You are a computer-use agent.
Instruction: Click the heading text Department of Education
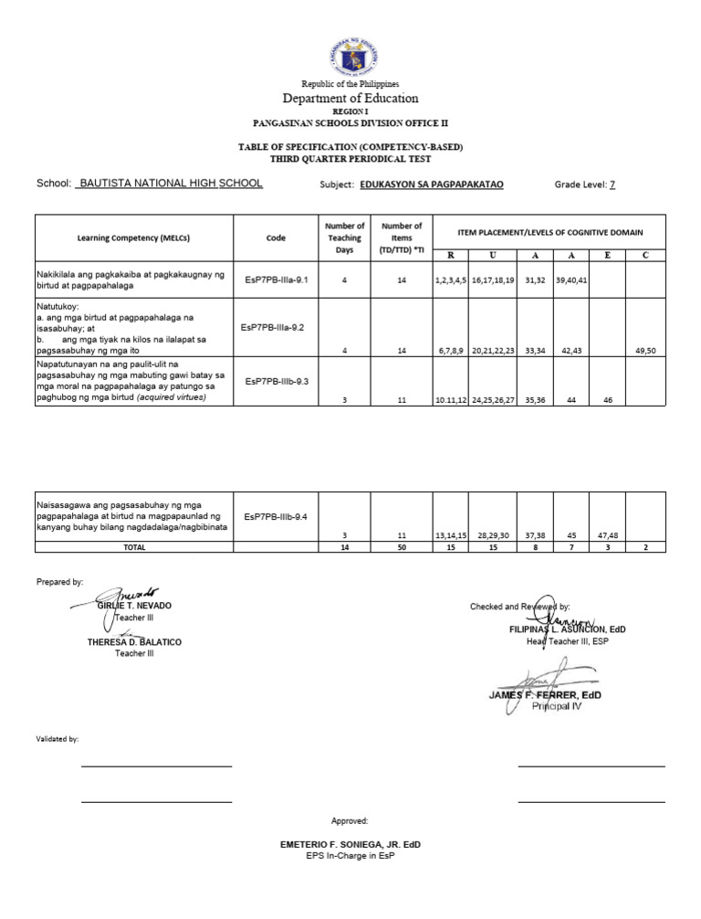(350, 98)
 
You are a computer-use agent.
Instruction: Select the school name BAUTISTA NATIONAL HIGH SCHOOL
(171, 184)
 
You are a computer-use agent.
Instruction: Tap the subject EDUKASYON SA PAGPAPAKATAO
(432, 185)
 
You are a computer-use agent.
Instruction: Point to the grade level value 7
(612, 185)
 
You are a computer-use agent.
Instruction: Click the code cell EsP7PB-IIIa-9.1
(276, 280)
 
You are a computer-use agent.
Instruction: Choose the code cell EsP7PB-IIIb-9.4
(276, 517)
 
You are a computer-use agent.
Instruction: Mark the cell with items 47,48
(606, 534)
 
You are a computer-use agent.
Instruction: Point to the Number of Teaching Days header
(344, 238)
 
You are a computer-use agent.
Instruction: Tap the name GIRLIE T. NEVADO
(134, 606)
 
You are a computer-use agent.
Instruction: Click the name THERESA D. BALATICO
(134, 642)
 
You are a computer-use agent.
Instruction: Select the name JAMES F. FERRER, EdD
(546, 695)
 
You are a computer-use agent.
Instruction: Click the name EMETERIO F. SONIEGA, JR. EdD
(350, 845)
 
